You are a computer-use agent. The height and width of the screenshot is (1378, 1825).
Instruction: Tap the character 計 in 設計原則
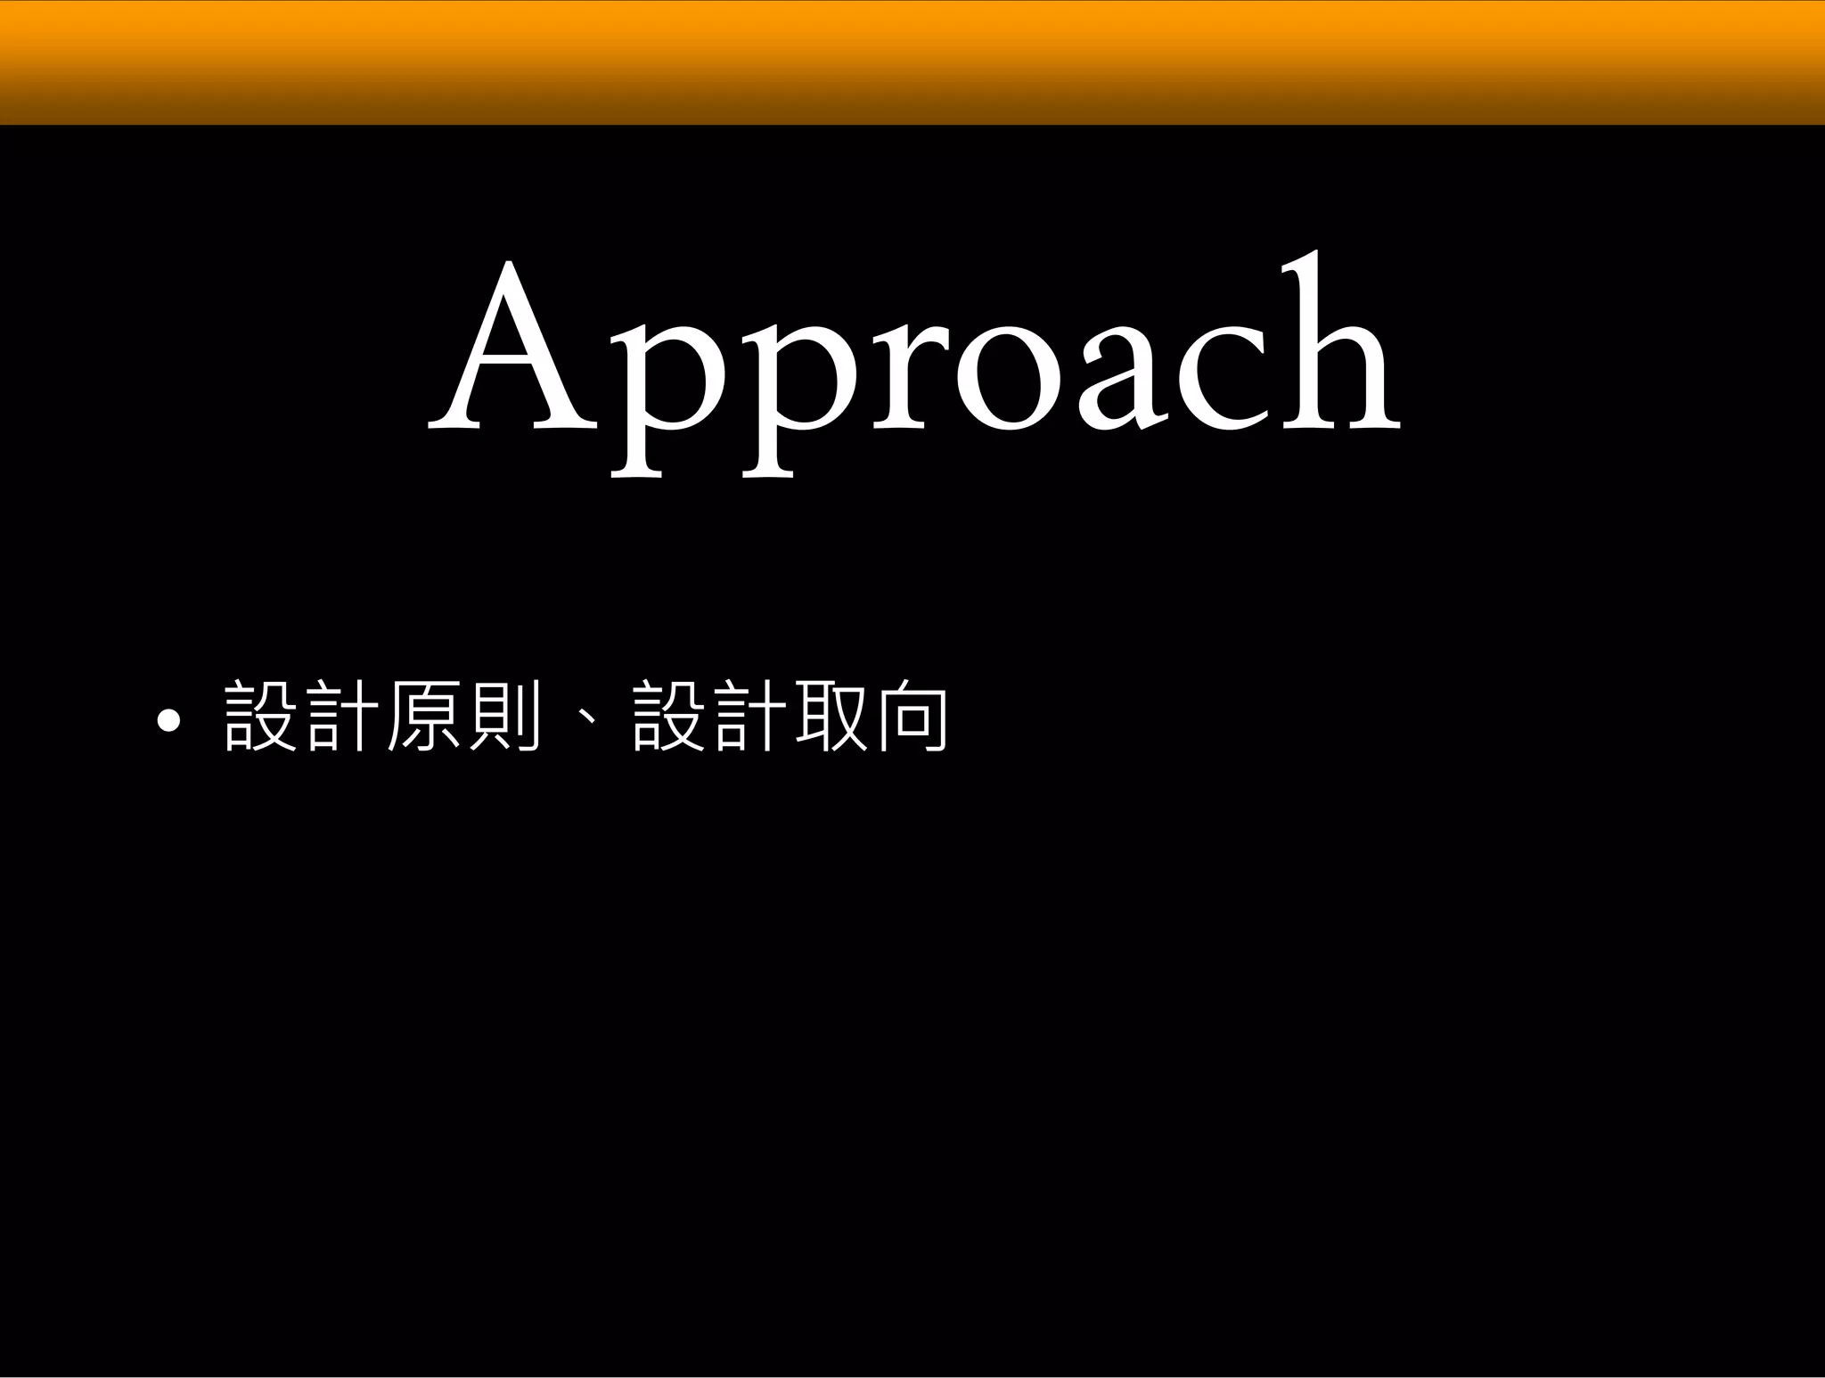click(x=337, y=716)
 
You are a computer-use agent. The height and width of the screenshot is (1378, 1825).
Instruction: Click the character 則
click(x=504, y=716)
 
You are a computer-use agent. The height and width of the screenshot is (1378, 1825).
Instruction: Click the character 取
click(x=831, y=716)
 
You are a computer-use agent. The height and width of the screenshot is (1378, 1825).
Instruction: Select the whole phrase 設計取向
click(x=790, y=716)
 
